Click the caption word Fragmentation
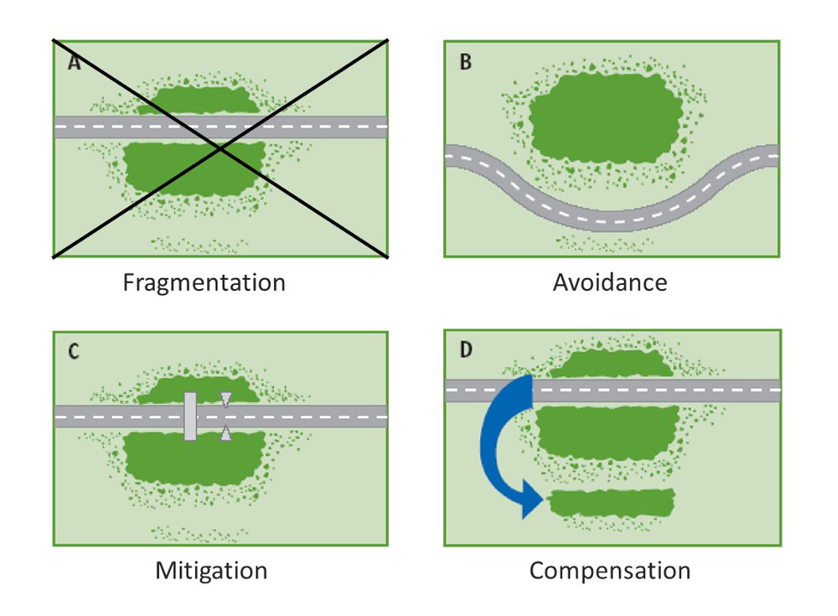(x=204, y=282)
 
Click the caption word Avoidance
(x=610, y=282)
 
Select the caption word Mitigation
(x=211, y=572)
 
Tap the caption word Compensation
(x=610, y=572)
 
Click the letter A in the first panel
(x=75, y=62)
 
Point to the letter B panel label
(x=466, y=62)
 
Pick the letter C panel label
(x=74, y=351)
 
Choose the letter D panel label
(x=466, y=349)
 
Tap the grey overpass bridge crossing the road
(x=190, y=416)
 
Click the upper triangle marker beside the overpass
(x=225, y=399)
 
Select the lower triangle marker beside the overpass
(x=225, y=432)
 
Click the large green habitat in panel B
(x=604, y=117)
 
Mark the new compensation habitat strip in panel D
(x=612, y=502)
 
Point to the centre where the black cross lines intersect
(x=220, y=148)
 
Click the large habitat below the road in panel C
(x=194, y=458)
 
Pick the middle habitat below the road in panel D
(x=605, y=431)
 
